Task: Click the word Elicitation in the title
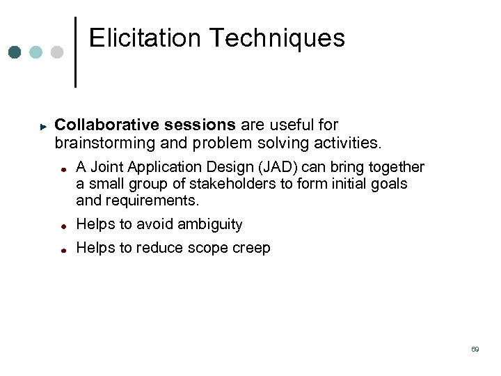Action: click(144, 38)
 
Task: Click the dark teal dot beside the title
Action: click(15, 52)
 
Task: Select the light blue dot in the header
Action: click(35, 52)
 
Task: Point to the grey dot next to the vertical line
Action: click(57, 52)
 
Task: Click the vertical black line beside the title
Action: click(75, 52)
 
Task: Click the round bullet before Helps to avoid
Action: click(63, 226)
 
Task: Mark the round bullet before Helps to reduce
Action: click(63, 249)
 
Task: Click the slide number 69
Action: click(475, 349)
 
